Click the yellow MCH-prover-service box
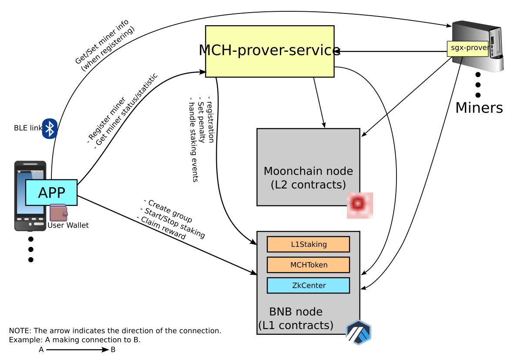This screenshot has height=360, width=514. click(269, 51)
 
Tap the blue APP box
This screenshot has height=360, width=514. click(51, 192)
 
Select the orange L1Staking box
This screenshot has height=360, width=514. click(308, 244)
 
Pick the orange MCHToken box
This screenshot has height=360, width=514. click(308, 265)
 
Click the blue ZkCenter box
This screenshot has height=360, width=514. click(308, 286)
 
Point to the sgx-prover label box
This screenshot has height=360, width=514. click(467, 48)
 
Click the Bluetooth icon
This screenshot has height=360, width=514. click(50, 128)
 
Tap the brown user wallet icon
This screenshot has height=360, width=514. click(58, 213)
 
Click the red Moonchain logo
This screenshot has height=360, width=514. click(360, 205)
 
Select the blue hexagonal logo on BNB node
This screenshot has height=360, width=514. click(359, 333)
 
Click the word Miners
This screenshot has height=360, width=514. click(479, 108)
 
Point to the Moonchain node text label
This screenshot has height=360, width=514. click(308, 178)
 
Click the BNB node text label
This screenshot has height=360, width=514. click(296, 318)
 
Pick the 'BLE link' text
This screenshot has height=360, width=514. click(28, 128)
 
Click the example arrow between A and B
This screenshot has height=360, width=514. click(77, 350)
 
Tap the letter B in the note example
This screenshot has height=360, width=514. click(113, 350)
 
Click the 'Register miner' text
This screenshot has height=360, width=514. click(107, 120)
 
